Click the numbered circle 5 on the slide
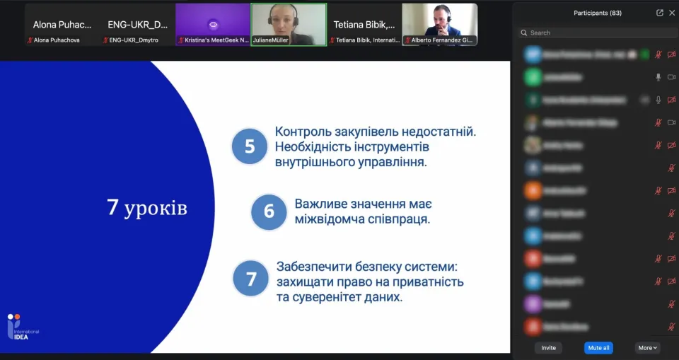[x=250, y=146]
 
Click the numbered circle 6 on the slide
[x=269, y=211]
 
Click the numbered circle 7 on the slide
[x=251, y=279]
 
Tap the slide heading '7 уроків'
[x=147, y=208]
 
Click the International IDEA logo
[x=23, y=327]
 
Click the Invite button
[x=548, y=348]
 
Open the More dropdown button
[x=648, y=348]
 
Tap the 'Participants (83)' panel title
[x=598, y=13]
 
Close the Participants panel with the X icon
[x=672, y=13]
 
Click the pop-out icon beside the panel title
[x=659, y=13]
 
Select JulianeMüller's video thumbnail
[x=289, y=25]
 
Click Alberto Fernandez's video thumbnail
[x=439, y=25]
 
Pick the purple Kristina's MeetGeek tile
[x=213, y=25]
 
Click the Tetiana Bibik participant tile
[x=364, y=25]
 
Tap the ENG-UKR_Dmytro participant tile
[x=137, y=25]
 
